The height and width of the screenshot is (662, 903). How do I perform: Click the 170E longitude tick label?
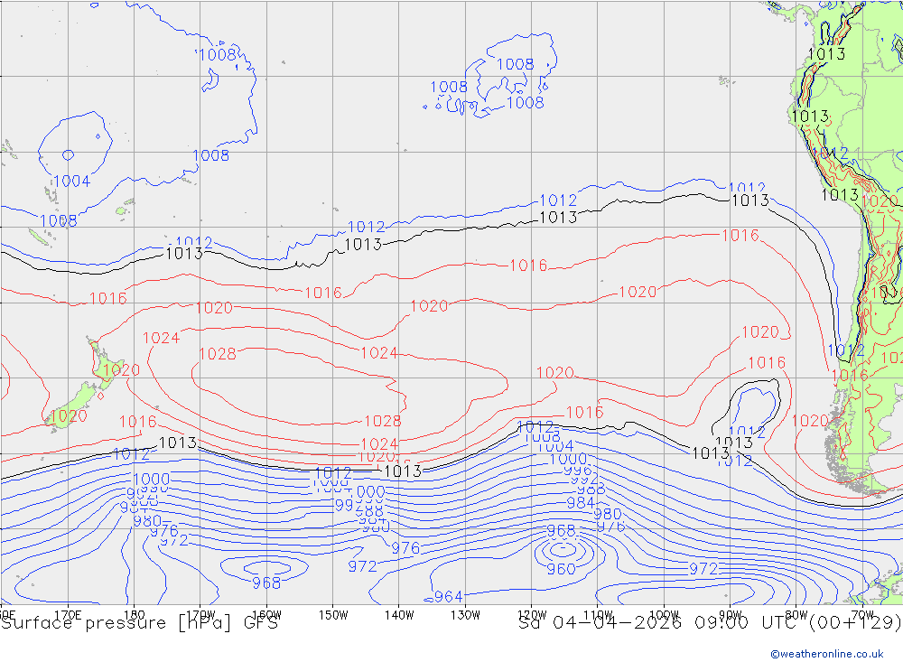point(69,615)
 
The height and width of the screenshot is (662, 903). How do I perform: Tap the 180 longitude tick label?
point(135,615)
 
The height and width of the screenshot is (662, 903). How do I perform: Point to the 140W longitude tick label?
point(398,615)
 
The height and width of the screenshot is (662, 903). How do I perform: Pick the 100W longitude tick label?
point(664,615)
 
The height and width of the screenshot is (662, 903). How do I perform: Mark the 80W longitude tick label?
point(796,615)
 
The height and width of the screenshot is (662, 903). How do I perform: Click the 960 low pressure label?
point(561,569)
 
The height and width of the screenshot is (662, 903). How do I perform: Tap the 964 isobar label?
point(449,596)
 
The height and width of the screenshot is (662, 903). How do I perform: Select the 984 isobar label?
point(581,503)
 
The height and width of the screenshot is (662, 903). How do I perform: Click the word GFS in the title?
point(259,623)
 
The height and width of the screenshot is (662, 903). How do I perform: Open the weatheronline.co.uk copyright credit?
point(826,653)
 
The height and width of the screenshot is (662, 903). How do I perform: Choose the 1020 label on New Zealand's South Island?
point(69,416)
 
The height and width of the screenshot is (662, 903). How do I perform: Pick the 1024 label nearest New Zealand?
point(162,338)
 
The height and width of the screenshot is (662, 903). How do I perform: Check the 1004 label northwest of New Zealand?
point(71,182)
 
